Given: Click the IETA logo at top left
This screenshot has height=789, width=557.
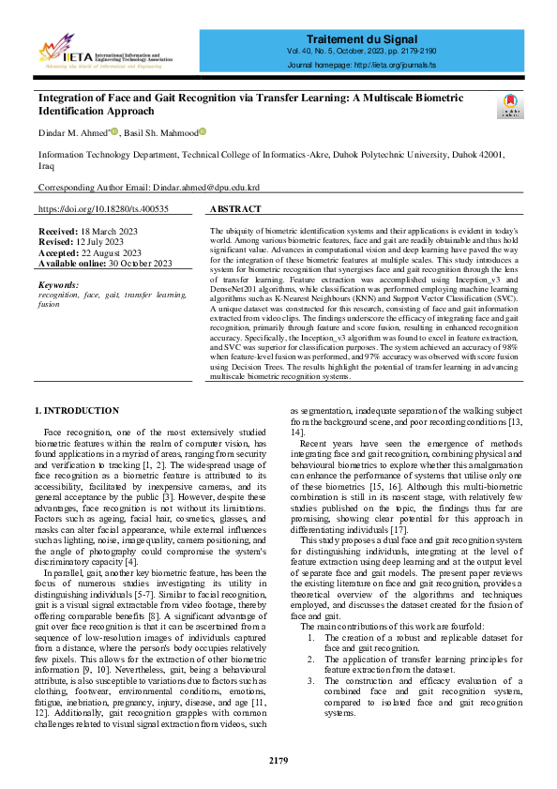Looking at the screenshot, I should (104, 51).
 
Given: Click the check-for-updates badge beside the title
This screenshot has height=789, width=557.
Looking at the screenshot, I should (509, 106).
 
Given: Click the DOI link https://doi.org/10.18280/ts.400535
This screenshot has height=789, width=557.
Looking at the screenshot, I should (103, 209).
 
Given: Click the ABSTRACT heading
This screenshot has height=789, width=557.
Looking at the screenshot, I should (235, 209).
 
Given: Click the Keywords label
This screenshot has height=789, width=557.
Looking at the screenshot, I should (58, 283).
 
